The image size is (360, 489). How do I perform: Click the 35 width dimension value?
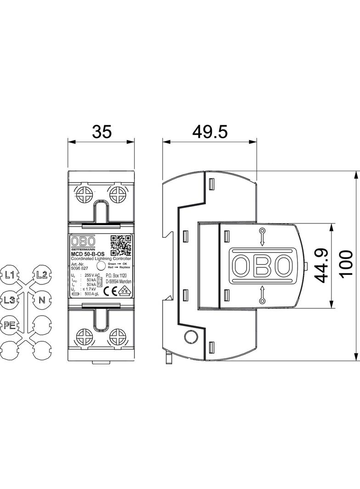coord(101,132)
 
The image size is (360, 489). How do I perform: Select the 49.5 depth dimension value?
coord(209,132)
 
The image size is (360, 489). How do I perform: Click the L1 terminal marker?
coord(11,276)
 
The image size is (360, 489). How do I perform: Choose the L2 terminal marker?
coord(42,275)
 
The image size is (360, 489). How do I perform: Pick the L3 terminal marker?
coord(11,300)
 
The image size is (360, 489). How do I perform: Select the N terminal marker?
coord(42,300)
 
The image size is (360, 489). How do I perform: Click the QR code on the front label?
coord(121,245)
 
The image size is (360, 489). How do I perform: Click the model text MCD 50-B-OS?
coord(87,254)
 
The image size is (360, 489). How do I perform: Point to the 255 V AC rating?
coord(92,275)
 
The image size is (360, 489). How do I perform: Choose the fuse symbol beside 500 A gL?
coord(76,294)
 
